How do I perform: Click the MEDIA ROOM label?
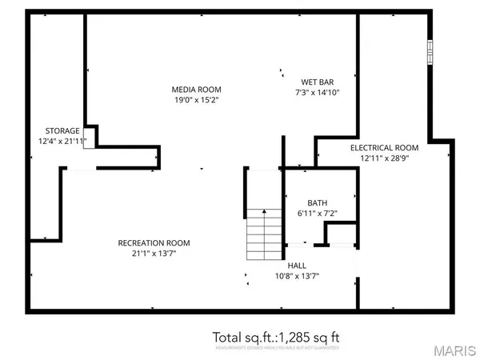coord(197,89)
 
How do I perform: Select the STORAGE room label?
coord(62,130)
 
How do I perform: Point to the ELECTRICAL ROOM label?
coord(384,147)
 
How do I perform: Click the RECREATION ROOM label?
coord(154,243)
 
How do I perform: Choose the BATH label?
coord(306,203)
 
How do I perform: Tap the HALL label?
coord(297,266)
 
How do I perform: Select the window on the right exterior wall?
coord(430,52)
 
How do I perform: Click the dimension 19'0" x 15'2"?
coord(197,100)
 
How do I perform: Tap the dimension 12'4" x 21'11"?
coord(62,142)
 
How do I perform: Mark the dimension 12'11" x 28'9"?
coord(384,158)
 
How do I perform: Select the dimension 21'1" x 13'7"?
coord(154,254)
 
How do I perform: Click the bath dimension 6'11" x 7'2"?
coord(306,214)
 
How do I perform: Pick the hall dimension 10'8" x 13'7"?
coord(297,277)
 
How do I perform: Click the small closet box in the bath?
coord(340,233)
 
